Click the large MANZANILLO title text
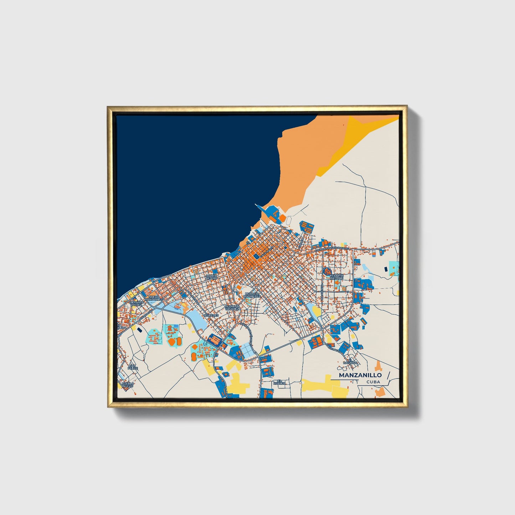coord(360,375)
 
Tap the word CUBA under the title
coord(373,382)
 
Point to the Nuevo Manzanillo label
coord(156,298)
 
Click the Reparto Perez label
coord(137,303)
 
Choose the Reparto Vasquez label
coord(232,308)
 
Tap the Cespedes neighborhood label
coord(210,315)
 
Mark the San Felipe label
coord(132,367)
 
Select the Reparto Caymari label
coord(336,277)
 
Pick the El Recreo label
coord(282,382)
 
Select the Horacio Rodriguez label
coord(252,294)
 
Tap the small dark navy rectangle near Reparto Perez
coord(139,330)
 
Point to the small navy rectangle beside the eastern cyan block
coord(385,268)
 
